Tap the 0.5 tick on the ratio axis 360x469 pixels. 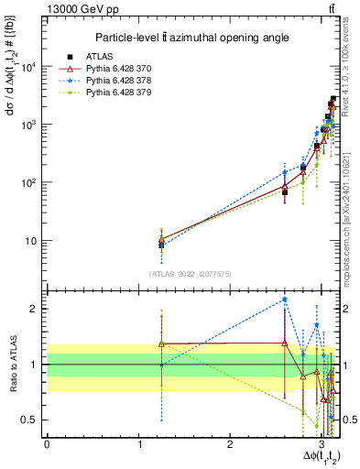29,420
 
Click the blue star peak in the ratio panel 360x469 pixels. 285,300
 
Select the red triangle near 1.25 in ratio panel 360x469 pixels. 161,344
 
